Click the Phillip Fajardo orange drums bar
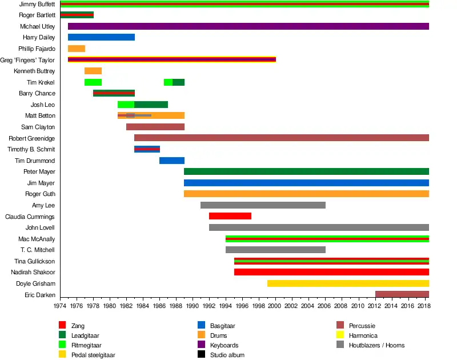[77, 49]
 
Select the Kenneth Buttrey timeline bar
[93, 71]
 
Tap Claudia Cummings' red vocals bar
[230, 216]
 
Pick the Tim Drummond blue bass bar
[172, 161]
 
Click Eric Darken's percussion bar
[402, 294]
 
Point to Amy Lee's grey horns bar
[263, 205]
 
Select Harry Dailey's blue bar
[101, 37]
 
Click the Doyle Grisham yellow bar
[348, 283]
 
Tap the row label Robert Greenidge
[32, 138]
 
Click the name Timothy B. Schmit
[31, 149]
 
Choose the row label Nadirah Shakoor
[33, 272]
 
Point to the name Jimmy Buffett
[37, 4]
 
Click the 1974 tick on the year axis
[60, 306]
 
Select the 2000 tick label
[276, 306]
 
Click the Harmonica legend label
[363, 335]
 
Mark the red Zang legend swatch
[63, 326]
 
